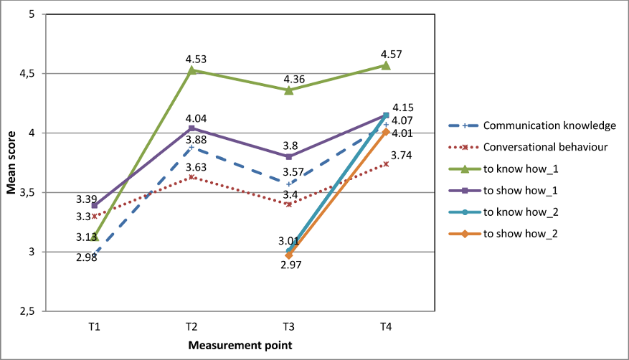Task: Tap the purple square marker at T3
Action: point(288,156)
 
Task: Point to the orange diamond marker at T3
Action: point(288,255)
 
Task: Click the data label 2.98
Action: point(85,257)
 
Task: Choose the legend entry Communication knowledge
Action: point(549,125)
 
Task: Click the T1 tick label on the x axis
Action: point(94,326)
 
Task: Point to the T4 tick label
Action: point(386,326)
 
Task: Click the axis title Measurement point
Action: point(240,345)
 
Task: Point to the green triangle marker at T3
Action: point(288,90)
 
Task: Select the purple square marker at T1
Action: point(94,205)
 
